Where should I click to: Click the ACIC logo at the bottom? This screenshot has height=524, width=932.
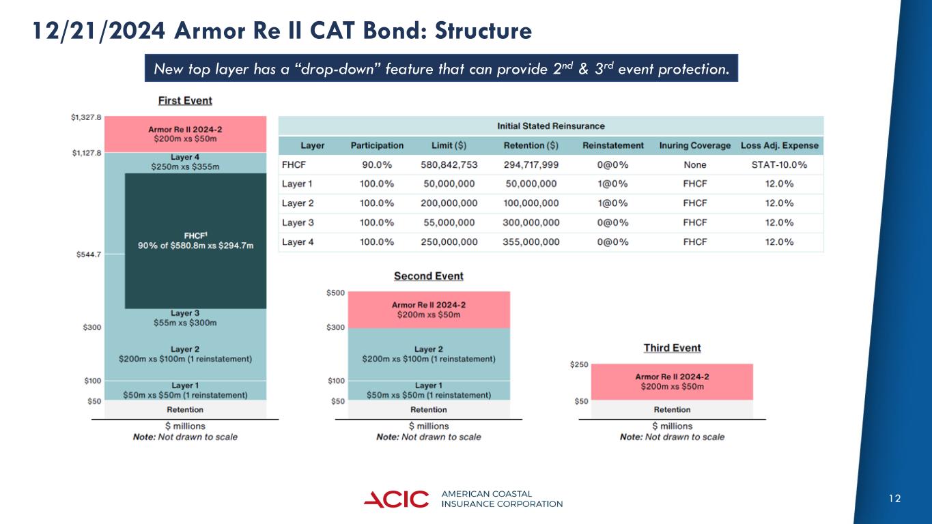pyautogui.click(x=396, y=499)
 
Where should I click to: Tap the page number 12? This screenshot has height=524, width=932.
pyautogui.click(x=895, y=499)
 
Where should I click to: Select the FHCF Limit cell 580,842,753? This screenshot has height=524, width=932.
pyautogui.click(x=449, y=165)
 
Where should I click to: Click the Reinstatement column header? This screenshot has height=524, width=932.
pyautogui.click(x=613, y=145)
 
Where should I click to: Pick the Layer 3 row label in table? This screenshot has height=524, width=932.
pyautogui.click(x=298, y=222)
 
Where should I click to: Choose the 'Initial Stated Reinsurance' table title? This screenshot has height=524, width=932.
pyautogui.click(x=550, y=126)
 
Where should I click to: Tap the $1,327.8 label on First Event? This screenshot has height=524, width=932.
pyautogui.click(x=86, y=117)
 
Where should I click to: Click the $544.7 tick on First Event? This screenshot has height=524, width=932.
pyautogui.click(x=89, y=254)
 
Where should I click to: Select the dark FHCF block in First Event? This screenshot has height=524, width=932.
pyautogui.click(x=196, y=240)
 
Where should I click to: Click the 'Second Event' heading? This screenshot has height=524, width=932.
pyautogui.click(x=428, y=276)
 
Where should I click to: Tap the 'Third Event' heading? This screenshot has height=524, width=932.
pyautogui.click(x=672, y=348)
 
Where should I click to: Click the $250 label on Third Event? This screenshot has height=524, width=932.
pyautogui.click(x=578, y=366)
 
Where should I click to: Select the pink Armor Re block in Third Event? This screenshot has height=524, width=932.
pyautogui.click(x=672, y=381)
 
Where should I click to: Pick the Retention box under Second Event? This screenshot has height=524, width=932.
pyautogui.click(x=428, y=409)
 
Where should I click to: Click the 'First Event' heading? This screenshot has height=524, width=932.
pyautogui.click(x=185, y=100)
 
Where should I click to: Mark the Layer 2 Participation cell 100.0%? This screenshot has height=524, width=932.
pyautogui.click(x=377, y=203)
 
